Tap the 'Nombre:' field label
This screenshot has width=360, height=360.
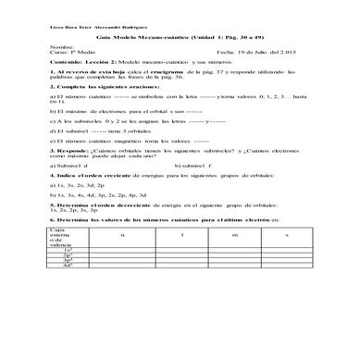[64, 44]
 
